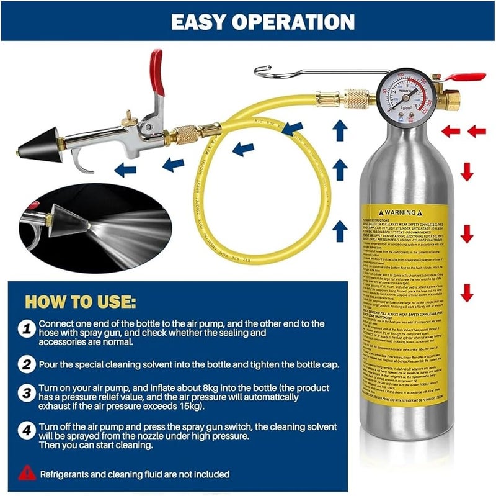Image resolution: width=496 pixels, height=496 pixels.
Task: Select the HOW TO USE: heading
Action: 79,302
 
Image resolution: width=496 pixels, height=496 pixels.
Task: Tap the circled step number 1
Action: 25,329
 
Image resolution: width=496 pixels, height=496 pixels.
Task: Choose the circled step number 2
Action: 25,364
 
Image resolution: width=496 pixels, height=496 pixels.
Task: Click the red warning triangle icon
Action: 27,472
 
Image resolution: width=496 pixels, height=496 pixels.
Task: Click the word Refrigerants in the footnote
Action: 68,474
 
